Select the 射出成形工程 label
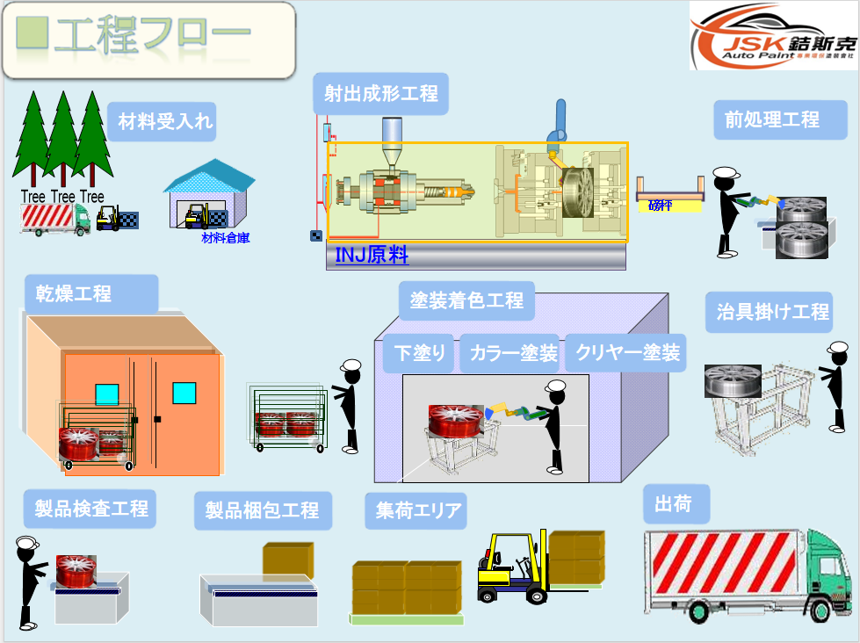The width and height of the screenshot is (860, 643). pyautogui.click(x=380, y=93)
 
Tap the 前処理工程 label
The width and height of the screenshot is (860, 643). pyautogui.click(x=772, y=119)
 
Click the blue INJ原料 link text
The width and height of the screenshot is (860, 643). pyautogui.click(x=372, y=256)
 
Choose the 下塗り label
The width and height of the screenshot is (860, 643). pyautogui.click(x=420, y=354)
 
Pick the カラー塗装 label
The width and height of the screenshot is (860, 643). pyautogui.click(x=513, y=354)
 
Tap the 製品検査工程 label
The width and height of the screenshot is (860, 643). pyautogui.click(x=91, y=508)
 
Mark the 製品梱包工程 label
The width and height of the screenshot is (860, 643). pyautogui.click(x=262, y=509)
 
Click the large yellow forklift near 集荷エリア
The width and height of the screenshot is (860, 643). pyautogui.click(x=510, y=567)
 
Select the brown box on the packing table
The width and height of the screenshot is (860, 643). pyautogui.click(x=288, y=559)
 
